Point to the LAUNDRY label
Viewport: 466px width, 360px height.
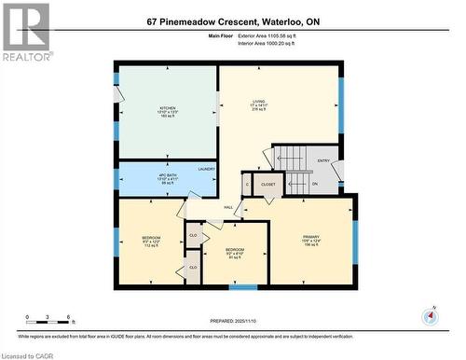click(206, 169)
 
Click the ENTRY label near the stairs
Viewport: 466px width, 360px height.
click(323, 160)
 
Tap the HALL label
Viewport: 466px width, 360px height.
click(228, 207)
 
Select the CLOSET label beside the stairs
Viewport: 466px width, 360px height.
click(267, 185)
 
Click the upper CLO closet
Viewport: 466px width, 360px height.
click(193, 234)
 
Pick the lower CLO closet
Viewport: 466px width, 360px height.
click(193, 267)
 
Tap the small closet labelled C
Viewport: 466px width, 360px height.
click(247, 185)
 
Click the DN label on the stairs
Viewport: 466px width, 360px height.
click(314, 185)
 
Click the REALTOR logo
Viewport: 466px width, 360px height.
click(25, 27)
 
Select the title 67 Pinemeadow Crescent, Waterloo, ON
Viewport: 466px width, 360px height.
click(233, 21)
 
